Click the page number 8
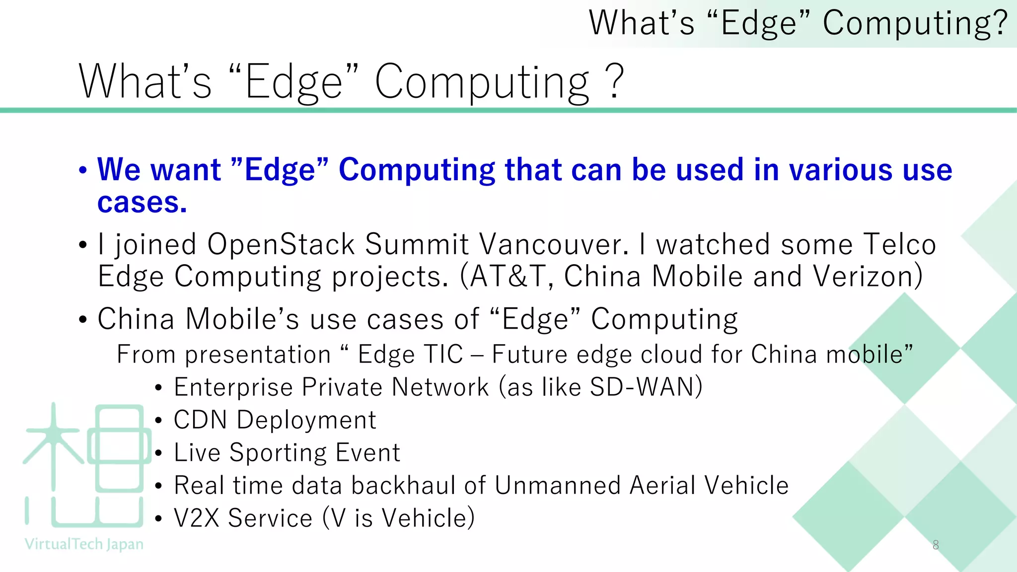pyautogui.click(x=936, y=545)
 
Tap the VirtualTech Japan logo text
pyautogui.click(x=84, y=544)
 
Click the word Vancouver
pyautogui.click(x=551, y=244)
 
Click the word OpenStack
pyautogui.click(x=281, y=244)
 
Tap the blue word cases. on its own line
pyautogui.click(x=142, y=203)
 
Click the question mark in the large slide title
pyautogui.click(x=615, y=81)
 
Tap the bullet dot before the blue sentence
pyautogui.click(x=83, y=170)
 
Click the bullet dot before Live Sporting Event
pyautogui.click(x=158, y=453)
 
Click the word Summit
pyautogui.click(x=417, y=244)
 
